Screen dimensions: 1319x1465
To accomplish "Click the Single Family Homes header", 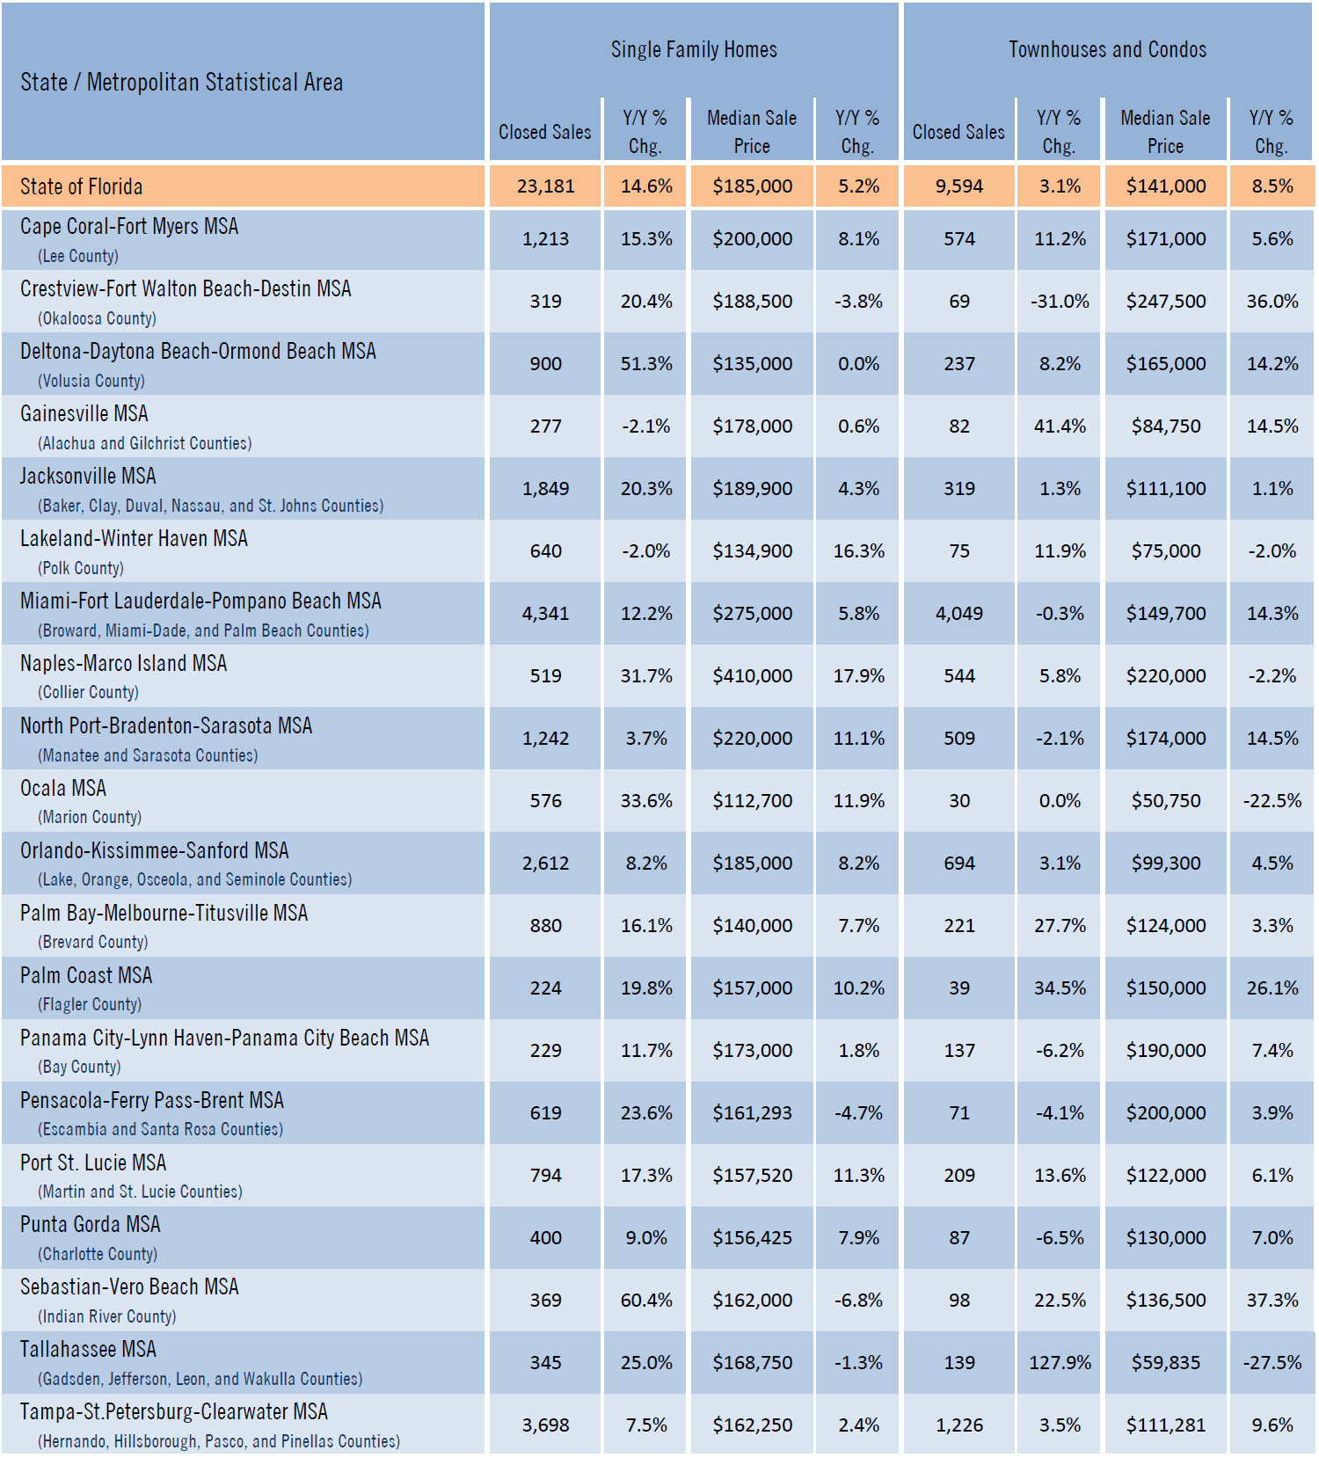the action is point(694,49).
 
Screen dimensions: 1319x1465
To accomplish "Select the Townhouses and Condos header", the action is point(1107,49).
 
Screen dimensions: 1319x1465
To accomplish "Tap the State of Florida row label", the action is point(81,186).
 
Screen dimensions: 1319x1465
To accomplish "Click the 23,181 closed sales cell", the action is point(545,186).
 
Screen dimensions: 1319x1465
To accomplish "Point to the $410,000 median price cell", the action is point(752,676).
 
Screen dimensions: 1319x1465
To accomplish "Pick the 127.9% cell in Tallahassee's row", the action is point(1060,1363).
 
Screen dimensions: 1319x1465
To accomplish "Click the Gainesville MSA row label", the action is point(84,413).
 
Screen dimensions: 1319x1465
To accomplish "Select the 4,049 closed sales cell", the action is point(958,614).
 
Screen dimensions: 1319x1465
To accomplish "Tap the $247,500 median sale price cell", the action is point(1166,302).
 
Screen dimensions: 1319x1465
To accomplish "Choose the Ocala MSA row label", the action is point(63,788).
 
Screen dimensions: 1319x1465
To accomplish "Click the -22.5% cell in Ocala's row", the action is point(1272,801).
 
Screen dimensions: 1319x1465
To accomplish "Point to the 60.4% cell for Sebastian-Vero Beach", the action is point(646,1301).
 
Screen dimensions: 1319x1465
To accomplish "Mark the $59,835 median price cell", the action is point(1166,1363).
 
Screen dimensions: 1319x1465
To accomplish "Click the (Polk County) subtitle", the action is point(81,568).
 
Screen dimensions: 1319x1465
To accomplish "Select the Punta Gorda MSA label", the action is point(91,1224).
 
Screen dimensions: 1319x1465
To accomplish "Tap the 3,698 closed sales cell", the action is point(545,1425).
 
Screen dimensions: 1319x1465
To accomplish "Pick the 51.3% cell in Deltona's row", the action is point(646,364).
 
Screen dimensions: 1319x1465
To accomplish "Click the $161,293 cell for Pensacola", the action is point(752,1113).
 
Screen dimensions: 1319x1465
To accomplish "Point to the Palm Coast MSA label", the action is point(86,975).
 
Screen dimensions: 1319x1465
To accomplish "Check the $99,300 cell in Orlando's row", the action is point(1166,864).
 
